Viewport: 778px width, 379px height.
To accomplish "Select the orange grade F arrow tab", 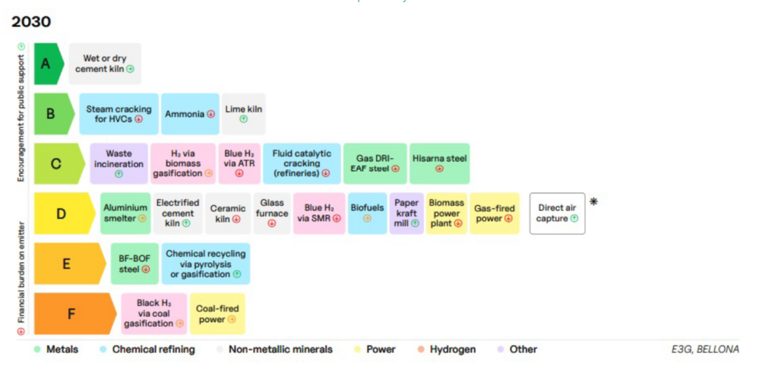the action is [74, 314].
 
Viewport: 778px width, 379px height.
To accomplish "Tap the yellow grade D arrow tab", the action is [64, 213].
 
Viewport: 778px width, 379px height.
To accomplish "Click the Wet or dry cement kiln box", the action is [105, 64].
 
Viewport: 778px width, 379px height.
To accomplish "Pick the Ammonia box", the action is [190, 114].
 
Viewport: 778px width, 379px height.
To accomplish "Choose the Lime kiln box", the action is [244, 114].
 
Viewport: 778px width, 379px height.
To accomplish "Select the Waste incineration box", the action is [119, 164].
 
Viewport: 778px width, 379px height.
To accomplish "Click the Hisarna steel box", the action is [440, 164].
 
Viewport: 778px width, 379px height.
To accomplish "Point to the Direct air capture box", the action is [557, 213].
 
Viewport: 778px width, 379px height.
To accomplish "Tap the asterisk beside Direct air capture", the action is [593, 201].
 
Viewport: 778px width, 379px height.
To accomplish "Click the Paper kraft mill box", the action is [406, 213].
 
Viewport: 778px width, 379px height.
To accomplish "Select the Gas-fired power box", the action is [495, 213].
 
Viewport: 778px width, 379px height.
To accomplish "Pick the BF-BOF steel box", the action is [134, 264].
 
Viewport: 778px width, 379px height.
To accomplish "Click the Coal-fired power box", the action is [217, 314].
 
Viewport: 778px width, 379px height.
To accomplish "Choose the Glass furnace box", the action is [272, 213].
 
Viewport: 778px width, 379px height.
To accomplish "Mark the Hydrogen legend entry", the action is [447, 349].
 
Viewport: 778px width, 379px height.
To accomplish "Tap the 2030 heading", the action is [31, 22].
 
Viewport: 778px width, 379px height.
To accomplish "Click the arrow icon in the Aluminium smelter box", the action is [142, 218].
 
